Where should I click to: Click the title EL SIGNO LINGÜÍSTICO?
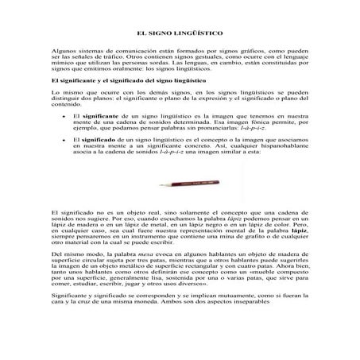tap(180, 34)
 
